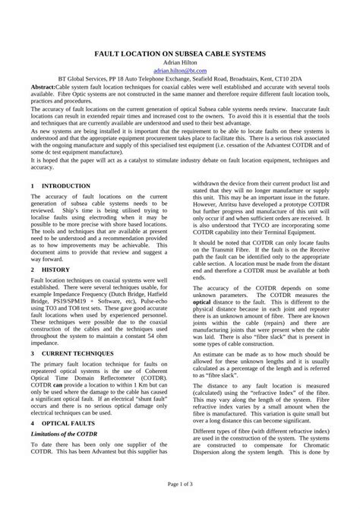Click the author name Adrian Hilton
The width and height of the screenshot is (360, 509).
coord(180,66)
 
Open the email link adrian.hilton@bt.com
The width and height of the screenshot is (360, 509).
coord(180,75)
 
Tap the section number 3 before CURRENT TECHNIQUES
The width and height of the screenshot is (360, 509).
coord(33,353)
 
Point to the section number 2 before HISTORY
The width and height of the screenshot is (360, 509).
coord(33,269)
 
